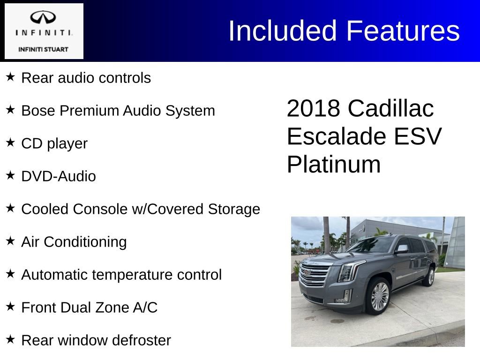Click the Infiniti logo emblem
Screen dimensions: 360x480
(44, 17)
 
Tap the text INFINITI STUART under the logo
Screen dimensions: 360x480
(44, 49)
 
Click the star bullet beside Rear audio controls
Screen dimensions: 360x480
(10, 76)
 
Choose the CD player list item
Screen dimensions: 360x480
(54, 143)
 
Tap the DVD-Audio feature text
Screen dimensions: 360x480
(59, 176)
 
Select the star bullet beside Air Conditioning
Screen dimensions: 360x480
(10, 240)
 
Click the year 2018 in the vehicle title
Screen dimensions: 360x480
(313, 109)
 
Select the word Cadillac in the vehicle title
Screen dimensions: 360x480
(390, 109)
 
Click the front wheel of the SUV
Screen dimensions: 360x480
(377, 296)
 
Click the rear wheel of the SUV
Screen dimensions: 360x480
(428, 277)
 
